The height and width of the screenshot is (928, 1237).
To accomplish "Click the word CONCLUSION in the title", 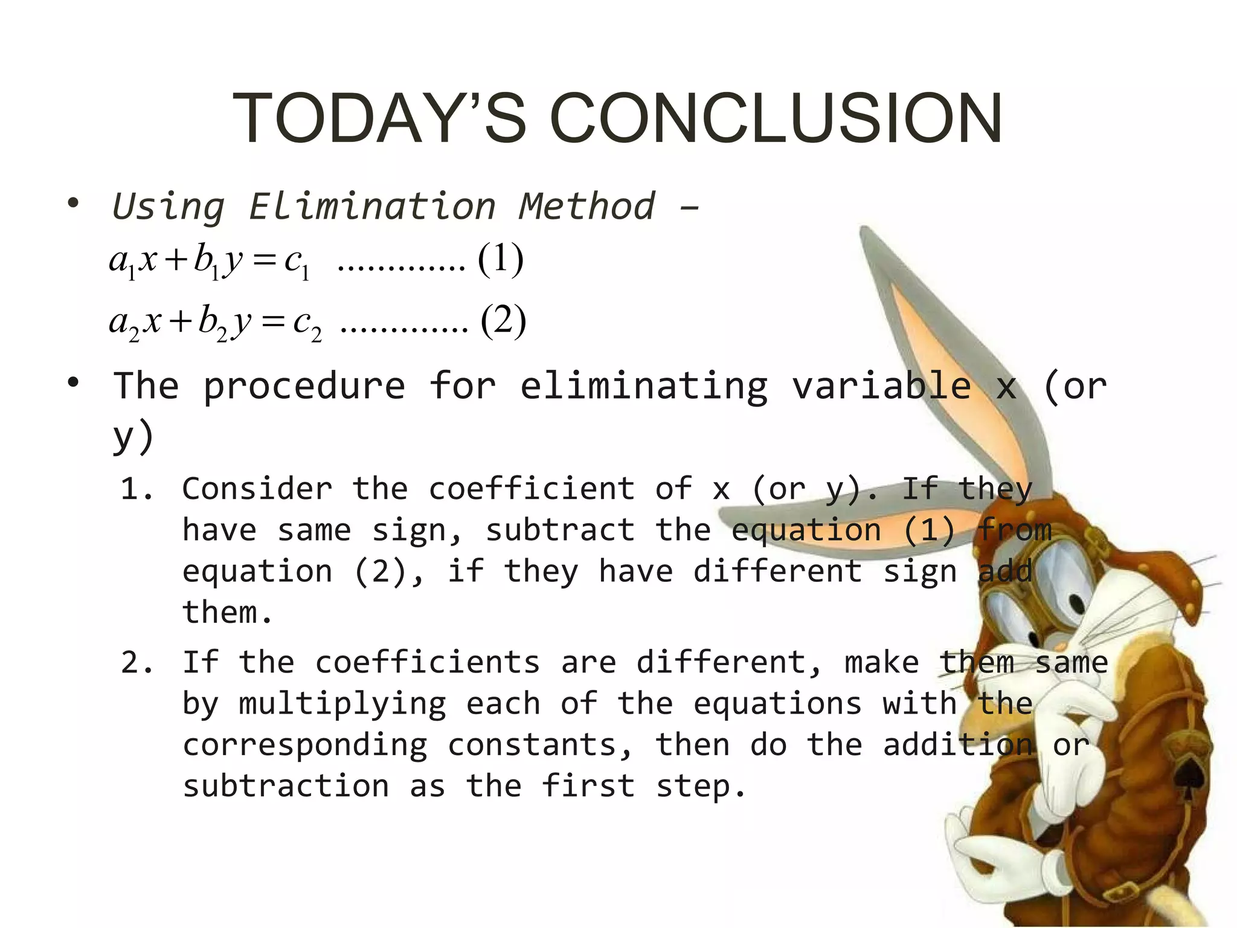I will point(776,118).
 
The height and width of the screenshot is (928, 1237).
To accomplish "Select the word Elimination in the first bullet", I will point(372,207).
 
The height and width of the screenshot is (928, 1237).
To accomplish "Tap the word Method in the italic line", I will point(586,207).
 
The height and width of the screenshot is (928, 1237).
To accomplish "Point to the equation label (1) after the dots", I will point(500,259).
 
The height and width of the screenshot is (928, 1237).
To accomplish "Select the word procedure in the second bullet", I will point(304,386).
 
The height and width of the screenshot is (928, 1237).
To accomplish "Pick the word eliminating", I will point(644,387).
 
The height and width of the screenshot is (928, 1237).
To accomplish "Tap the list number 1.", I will point(135,489).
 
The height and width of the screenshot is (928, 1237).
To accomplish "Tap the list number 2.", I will point(137,662).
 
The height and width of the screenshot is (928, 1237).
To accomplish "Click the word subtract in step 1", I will point(560,530).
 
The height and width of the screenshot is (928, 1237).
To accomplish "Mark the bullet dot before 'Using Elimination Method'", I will point(73,203).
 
